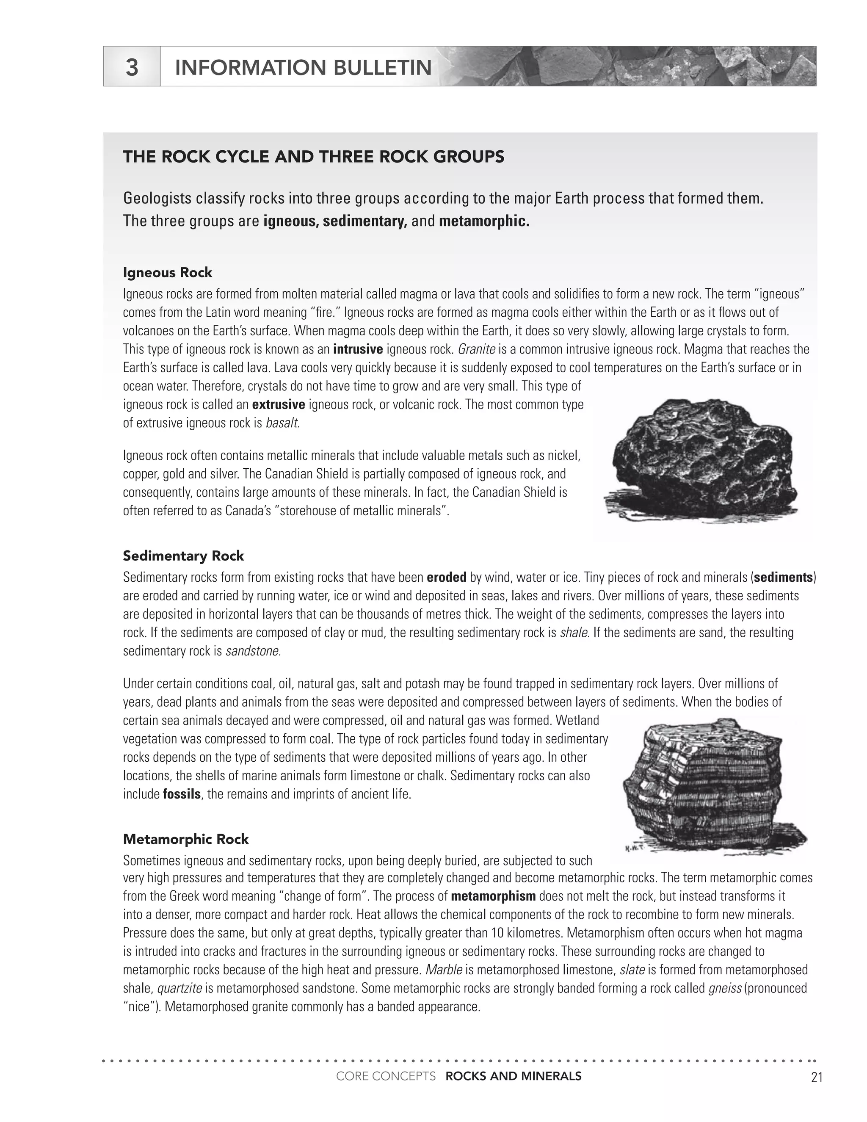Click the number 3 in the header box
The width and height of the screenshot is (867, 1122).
[132, 67]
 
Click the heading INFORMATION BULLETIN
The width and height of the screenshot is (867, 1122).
[303, 67]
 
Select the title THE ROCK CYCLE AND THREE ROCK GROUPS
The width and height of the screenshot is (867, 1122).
[313, 157]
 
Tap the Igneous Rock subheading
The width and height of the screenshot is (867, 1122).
[168, 272]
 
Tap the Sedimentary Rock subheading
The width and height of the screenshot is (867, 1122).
[183, 556]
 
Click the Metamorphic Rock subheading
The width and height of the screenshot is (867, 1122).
[186, 840]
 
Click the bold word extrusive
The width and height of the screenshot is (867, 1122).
[279, 405]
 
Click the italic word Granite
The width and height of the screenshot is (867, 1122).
[476, 349]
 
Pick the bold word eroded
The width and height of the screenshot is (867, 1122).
[446, 578]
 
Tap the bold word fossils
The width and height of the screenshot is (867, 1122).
[181, 794]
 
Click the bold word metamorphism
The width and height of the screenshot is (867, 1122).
[493, 896]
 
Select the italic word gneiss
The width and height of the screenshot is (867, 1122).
[724, 989]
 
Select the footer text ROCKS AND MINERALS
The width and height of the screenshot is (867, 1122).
[513, 1076]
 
